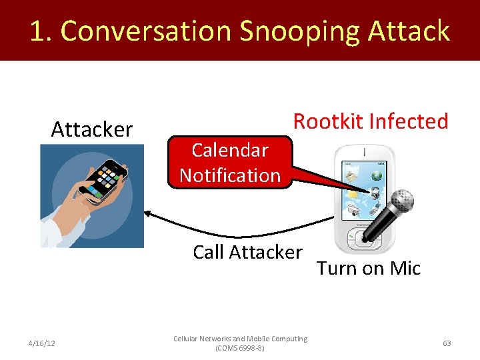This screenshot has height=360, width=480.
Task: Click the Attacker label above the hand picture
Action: pos(92,129)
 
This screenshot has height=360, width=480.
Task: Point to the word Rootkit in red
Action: pos(329,121)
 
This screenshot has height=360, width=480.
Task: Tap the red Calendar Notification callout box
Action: pos(230,163)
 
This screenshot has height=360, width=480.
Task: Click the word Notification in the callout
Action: pos(230,175)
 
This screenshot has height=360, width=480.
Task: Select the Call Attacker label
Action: pos(247,253)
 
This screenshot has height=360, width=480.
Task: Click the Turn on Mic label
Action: pos(369,268)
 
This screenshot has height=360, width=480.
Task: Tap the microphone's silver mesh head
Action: pos(401,201)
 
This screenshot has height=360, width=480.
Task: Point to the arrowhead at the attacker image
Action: pos(148,213)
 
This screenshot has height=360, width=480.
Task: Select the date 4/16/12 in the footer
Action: pos(42,343)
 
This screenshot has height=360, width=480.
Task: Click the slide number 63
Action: pos(447,343)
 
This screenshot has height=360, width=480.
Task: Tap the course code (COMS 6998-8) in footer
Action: pos(240,348)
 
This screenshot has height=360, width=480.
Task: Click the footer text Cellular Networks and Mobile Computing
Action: pos(240,339)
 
